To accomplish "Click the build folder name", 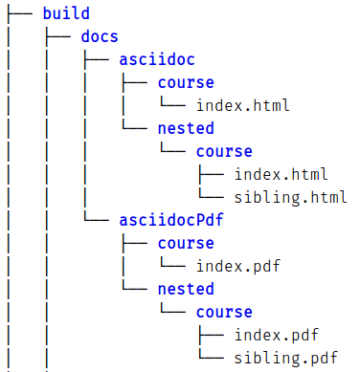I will pos(66,13).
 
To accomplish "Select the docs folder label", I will pos(100,36).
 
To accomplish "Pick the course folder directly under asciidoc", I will pos(186,82).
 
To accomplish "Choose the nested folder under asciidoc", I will pos(186,128).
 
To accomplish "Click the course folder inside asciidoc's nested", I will pos(224,151).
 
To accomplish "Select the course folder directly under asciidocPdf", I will pos(186,244).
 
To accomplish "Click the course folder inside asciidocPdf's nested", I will pos(224,313).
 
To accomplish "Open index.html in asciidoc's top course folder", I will pos(243,105).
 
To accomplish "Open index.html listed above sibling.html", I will pos(281,174).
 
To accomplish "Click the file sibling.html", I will pos(290,198).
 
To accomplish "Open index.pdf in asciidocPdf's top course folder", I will pos(238,267).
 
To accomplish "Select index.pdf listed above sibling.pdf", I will pos(277,336).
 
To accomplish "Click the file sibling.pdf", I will pos(285,359).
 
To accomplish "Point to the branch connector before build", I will pos(20,13).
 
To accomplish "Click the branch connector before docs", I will pos(58,36).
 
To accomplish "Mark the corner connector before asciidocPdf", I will pos(97,221).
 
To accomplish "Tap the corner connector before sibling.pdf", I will pos(211,359).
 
